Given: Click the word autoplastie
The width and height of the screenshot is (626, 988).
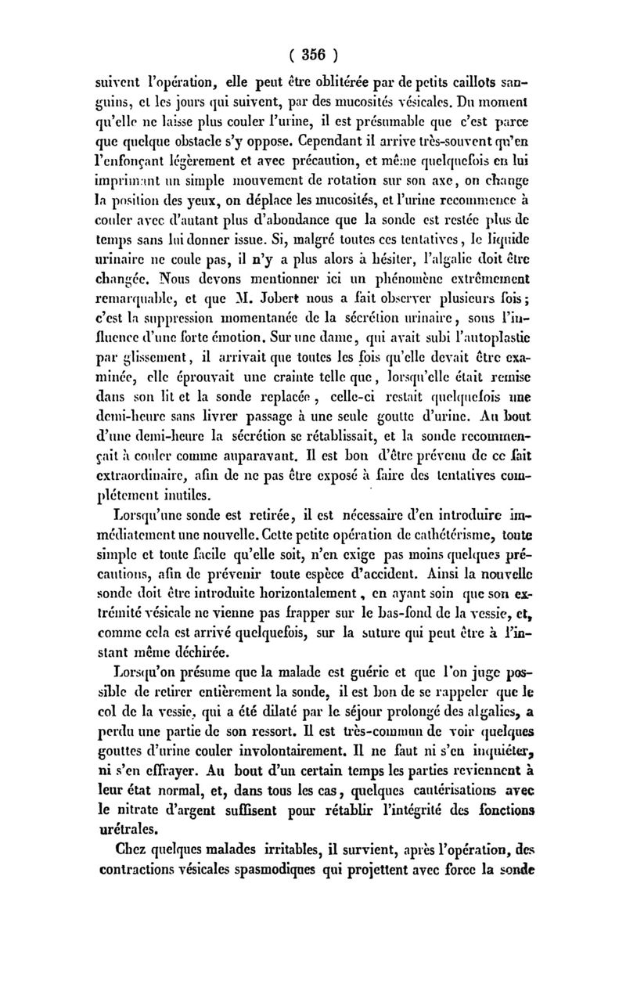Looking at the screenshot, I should click(x=491, y=359).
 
